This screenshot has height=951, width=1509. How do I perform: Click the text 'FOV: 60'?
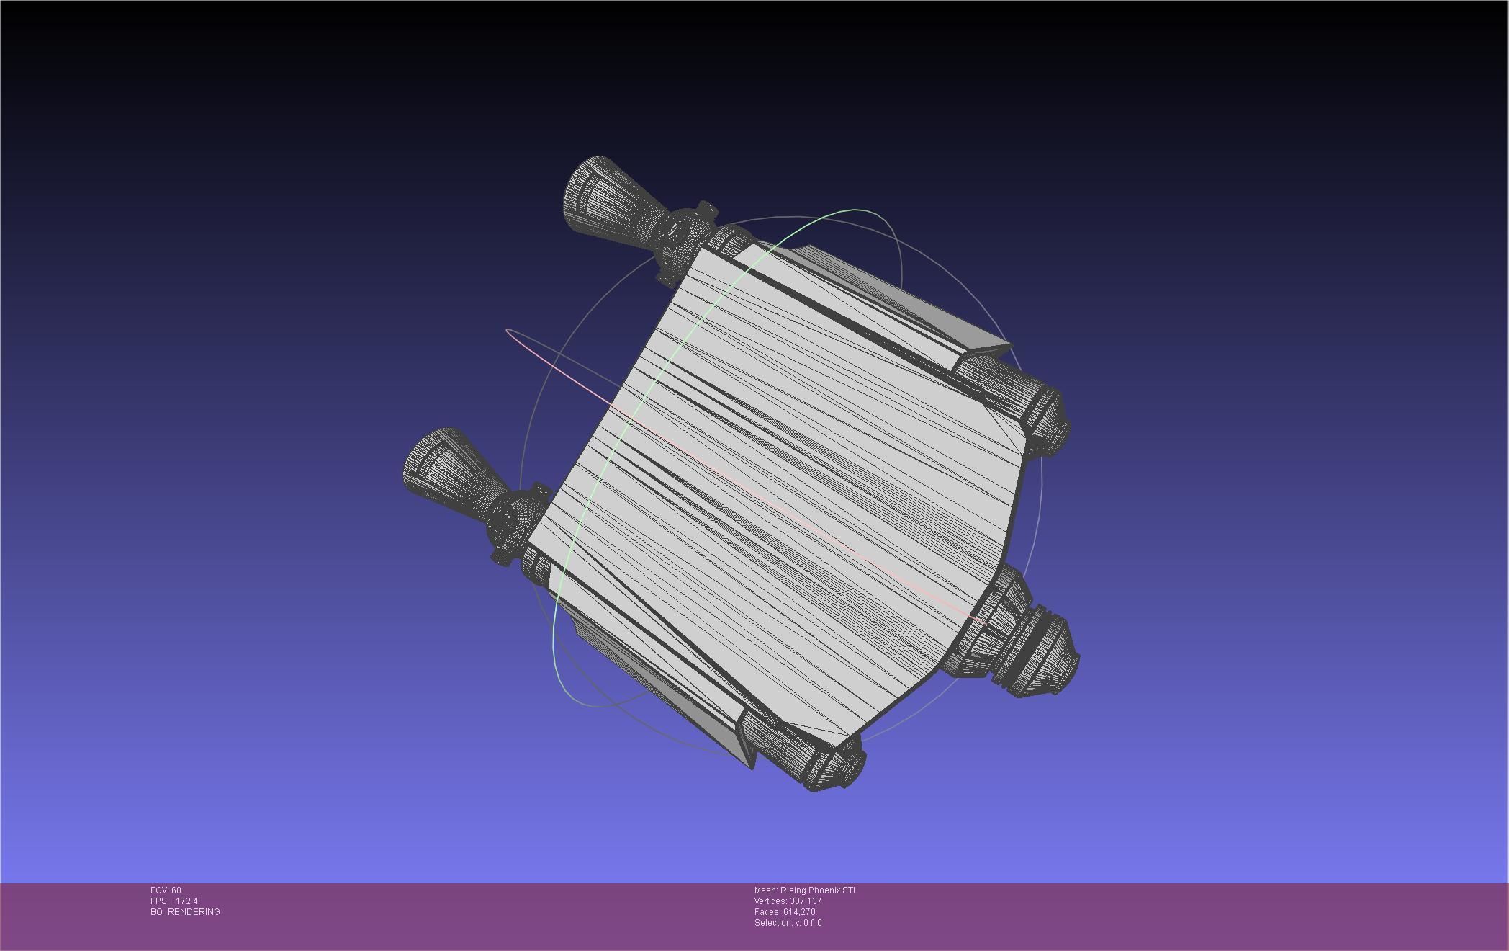[166, 890]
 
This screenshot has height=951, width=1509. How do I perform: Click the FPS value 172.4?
[186, 901]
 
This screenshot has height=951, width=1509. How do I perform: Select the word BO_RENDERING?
[185, 912]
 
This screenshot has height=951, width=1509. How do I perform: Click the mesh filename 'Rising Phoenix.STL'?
[819, 890]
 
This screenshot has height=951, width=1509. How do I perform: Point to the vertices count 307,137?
[805, 901]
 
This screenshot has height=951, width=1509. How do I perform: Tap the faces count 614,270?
[799, 912]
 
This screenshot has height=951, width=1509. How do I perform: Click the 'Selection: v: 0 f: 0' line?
[788, 923]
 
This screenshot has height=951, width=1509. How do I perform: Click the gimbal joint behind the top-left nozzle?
[680, 238]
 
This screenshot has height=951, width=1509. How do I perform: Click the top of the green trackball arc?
[857, 210]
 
